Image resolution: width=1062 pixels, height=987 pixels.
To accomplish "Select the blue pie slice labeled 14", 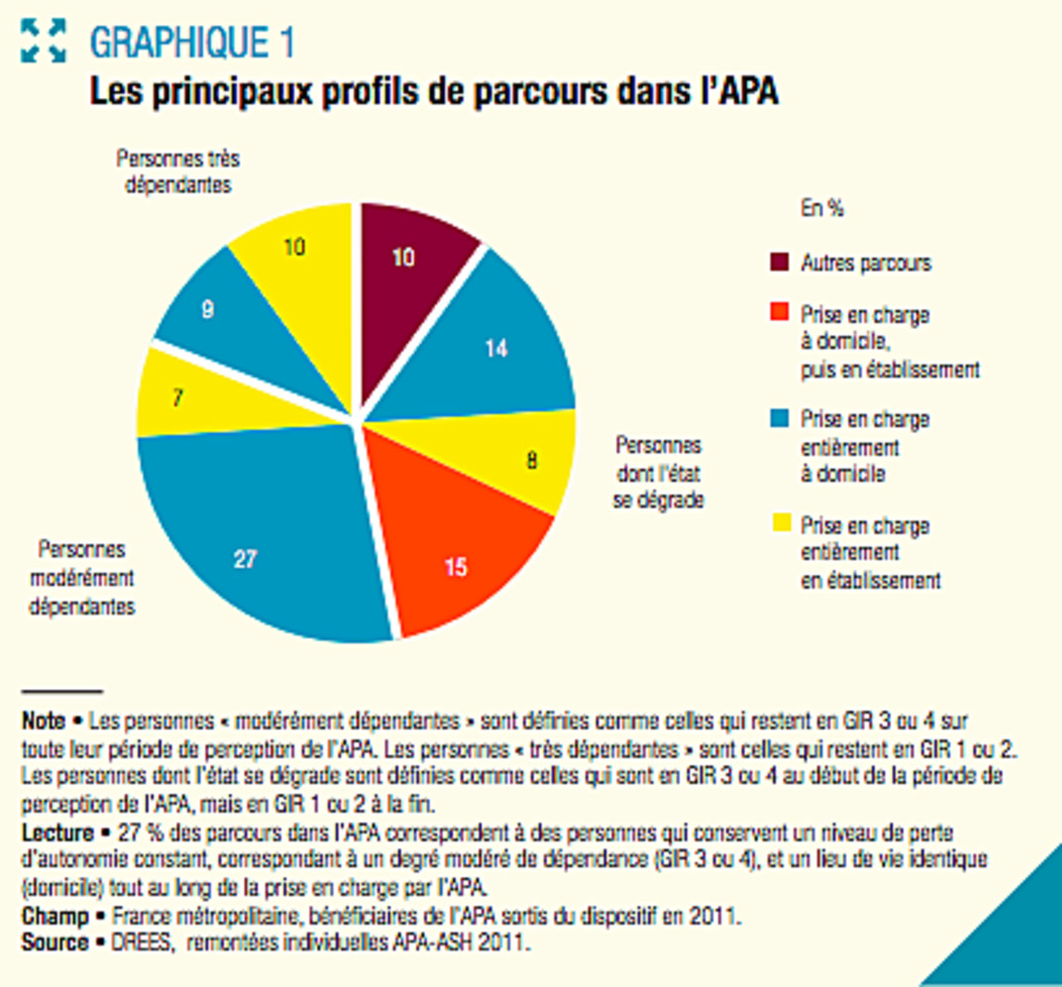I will (490, 340).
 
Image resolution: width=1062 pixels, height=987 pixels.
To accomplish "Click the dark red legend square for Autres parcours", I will (779, 262).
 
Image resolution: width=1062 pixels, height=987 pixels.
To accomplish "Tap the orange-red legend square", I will (779, 313).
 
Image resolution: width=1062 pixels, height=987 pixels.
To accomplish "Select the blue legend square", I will (779, 418).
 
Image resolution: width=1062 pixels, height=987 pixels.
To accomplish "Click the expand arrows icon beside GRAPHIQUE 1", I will (43, 41).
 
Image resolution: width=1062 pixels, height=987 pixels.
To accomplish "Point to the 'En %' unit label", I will (821, 208).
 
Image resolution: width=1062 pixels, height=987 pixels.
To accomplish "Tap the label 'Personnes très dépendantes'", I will (178, 171).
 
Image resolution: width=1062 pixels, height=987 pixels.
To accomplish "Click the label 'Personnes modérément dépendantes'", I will (81, 578).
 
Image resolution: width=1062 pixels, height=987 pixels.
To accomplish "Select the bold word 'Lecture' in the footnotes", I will (57, 833).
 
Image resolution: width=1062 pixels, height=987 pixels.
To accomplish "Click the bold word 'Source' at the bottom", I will (55, 943).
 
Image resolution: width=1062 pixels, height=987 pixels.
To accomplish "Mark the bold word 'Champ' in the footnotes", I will (55, 916).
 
